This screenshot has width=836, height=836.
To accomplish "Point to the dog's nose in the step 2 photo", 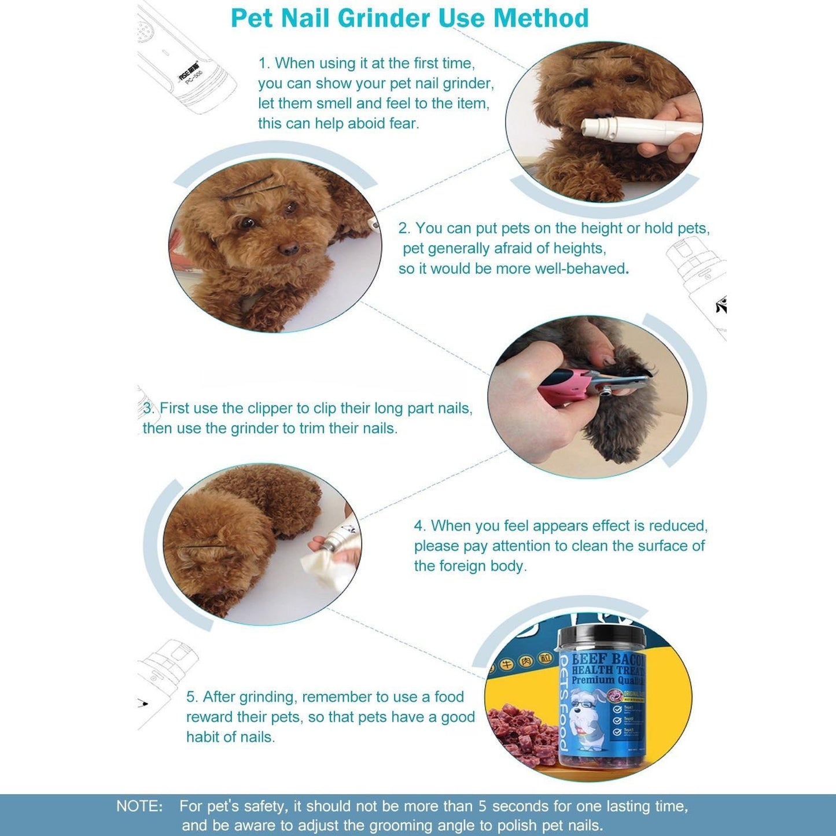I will [288, 249].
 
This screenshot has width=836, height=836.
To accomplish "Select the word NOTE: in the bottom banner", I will [139, 806].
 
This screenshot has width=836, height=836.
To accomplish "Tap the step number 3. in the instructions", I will [149, 408].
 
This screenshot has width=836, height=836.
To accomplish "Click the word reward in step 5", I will [208, 717].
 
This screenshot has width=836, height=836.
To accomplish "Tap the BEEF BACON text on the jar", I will [607, 659].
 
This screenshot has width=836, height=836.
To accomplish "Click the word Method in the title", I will [540, 19].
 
